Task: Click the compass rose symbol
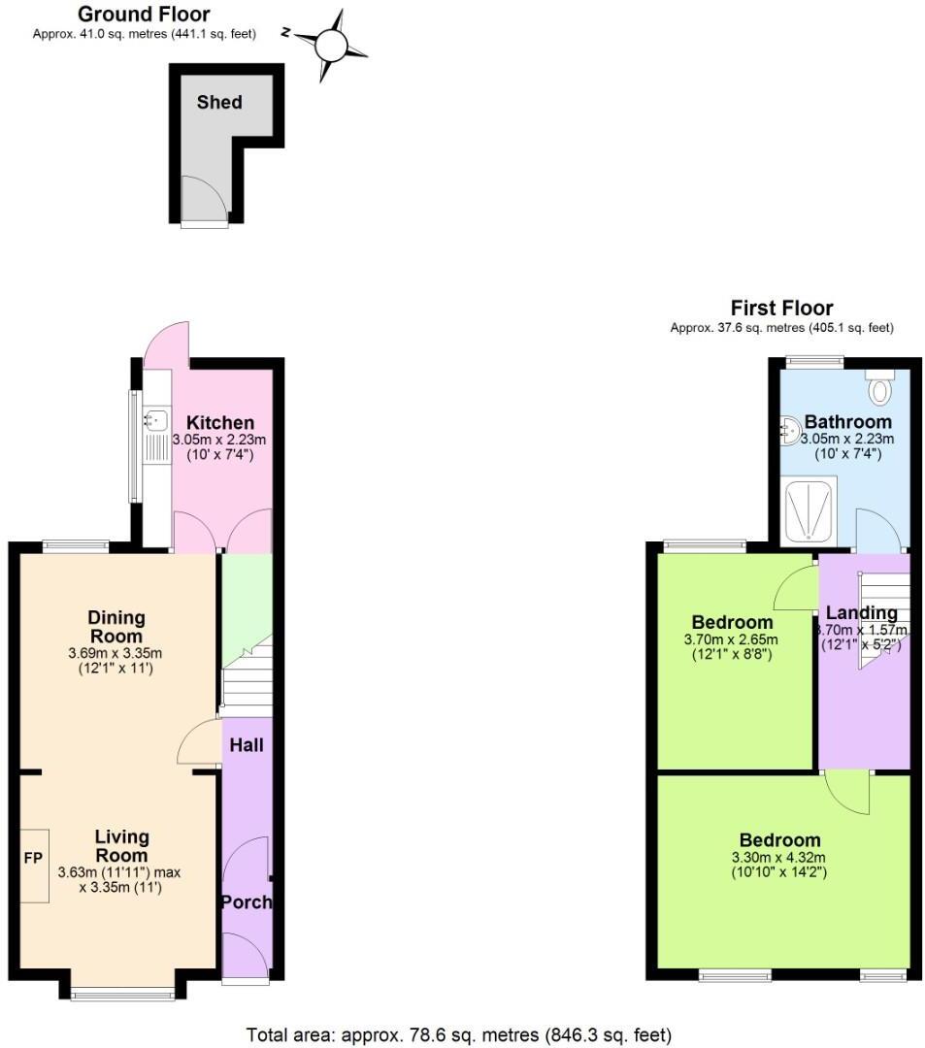click(331, 45)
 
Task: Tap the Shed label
click(219, 102)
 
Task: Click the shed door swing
click(205, 199)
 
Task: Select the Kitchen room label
click(220, 422)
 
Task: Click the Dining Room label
click(116, 626)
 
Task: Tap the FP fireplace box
click(34, 860)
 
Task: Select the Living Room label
click(121, 845)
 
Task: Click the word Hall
click(247, 745)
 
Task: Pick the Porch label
click(247, 901)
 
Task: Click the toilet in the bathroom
click(879, 387)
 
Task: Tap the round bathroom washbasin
click(791, 428)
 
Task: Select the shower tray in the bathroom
click(808, 510)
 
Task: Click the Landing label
click(861, 612)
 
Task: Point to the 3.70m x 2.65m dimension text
click(732, 639)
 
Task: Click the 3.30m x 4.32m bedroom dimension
click(779, 857)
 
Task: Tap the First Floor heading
click(781, 309)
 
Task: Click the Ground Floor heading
click(144, 14)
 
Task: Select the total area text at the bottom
click(458, 1034)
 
